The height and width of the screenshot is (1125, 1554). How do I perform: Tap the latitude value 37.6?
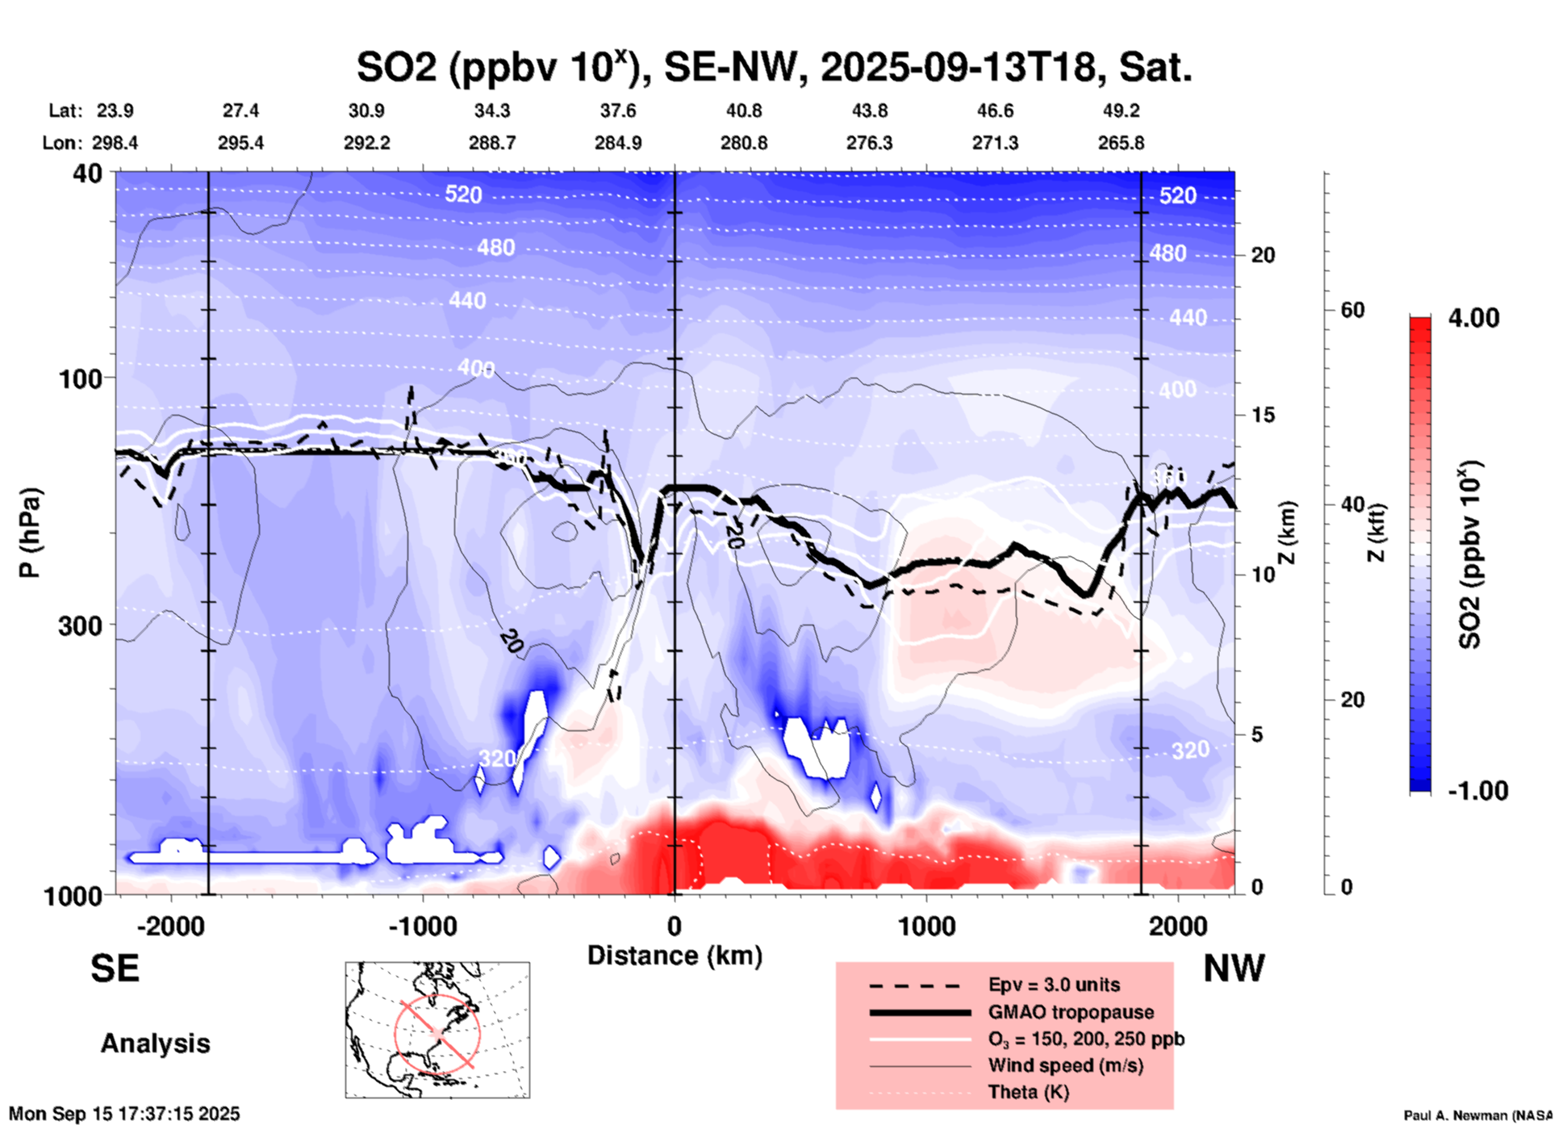tap(617, 111)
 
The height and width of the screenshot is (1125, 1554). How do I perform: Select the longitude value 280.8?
tap(743, 143)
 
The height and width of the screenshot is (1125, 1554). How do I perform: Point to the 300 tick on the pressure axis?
tap(81, 625)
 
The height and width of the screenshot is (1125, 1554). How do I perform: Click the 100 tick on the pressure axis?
tap(81, 378)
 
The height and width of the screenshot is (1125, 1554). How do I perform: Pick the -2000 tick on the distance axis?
tap(170, 926)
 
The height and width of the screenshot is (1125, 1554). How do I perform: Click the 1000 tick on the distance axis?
tap(926, 926)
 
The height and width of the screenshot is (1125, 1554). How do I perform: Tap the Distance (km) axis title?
tap(675, 956)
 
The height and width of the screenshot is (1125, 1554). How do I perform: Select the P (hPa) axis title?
tap(30, 533)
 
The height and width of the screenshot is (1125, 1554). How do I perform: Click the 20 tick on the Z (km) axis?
tap(1263, 255)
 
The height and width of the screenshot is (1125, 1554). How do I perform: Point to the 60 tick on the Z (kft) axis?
tap(1352, 311)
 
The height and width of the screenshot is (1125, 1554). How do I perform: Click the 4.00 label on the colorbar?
tap(1473, 318)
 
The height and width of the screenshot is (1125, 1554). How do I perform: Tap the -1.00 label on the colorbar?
tap(1477, 791)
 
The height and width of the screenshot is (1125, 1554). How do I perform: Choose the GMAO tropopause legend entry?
tap(1071, 1012)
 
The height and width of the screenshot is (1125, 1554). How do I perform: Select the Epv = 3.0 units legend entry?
tap(1054, 985)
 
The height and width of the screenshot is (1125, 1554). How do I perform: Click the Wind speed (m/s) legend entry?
tap(1065, 1066)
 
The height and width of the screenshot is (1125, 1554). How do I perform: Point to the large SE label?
tap(115, 968)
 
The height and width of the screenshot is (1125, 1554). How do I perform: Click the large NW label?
tap(1234, 968)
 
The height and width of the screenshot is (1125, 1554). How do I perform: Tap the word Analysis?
tap(155, 1043)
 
